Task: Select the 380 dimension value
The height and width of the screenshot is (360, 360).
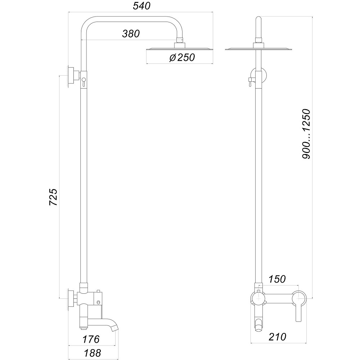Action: point(130,34)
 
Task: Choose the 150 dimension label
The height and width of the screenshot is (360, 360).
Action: point(277,279)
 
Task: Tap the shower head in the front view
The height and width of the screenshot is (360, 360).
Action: point(258,49)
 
